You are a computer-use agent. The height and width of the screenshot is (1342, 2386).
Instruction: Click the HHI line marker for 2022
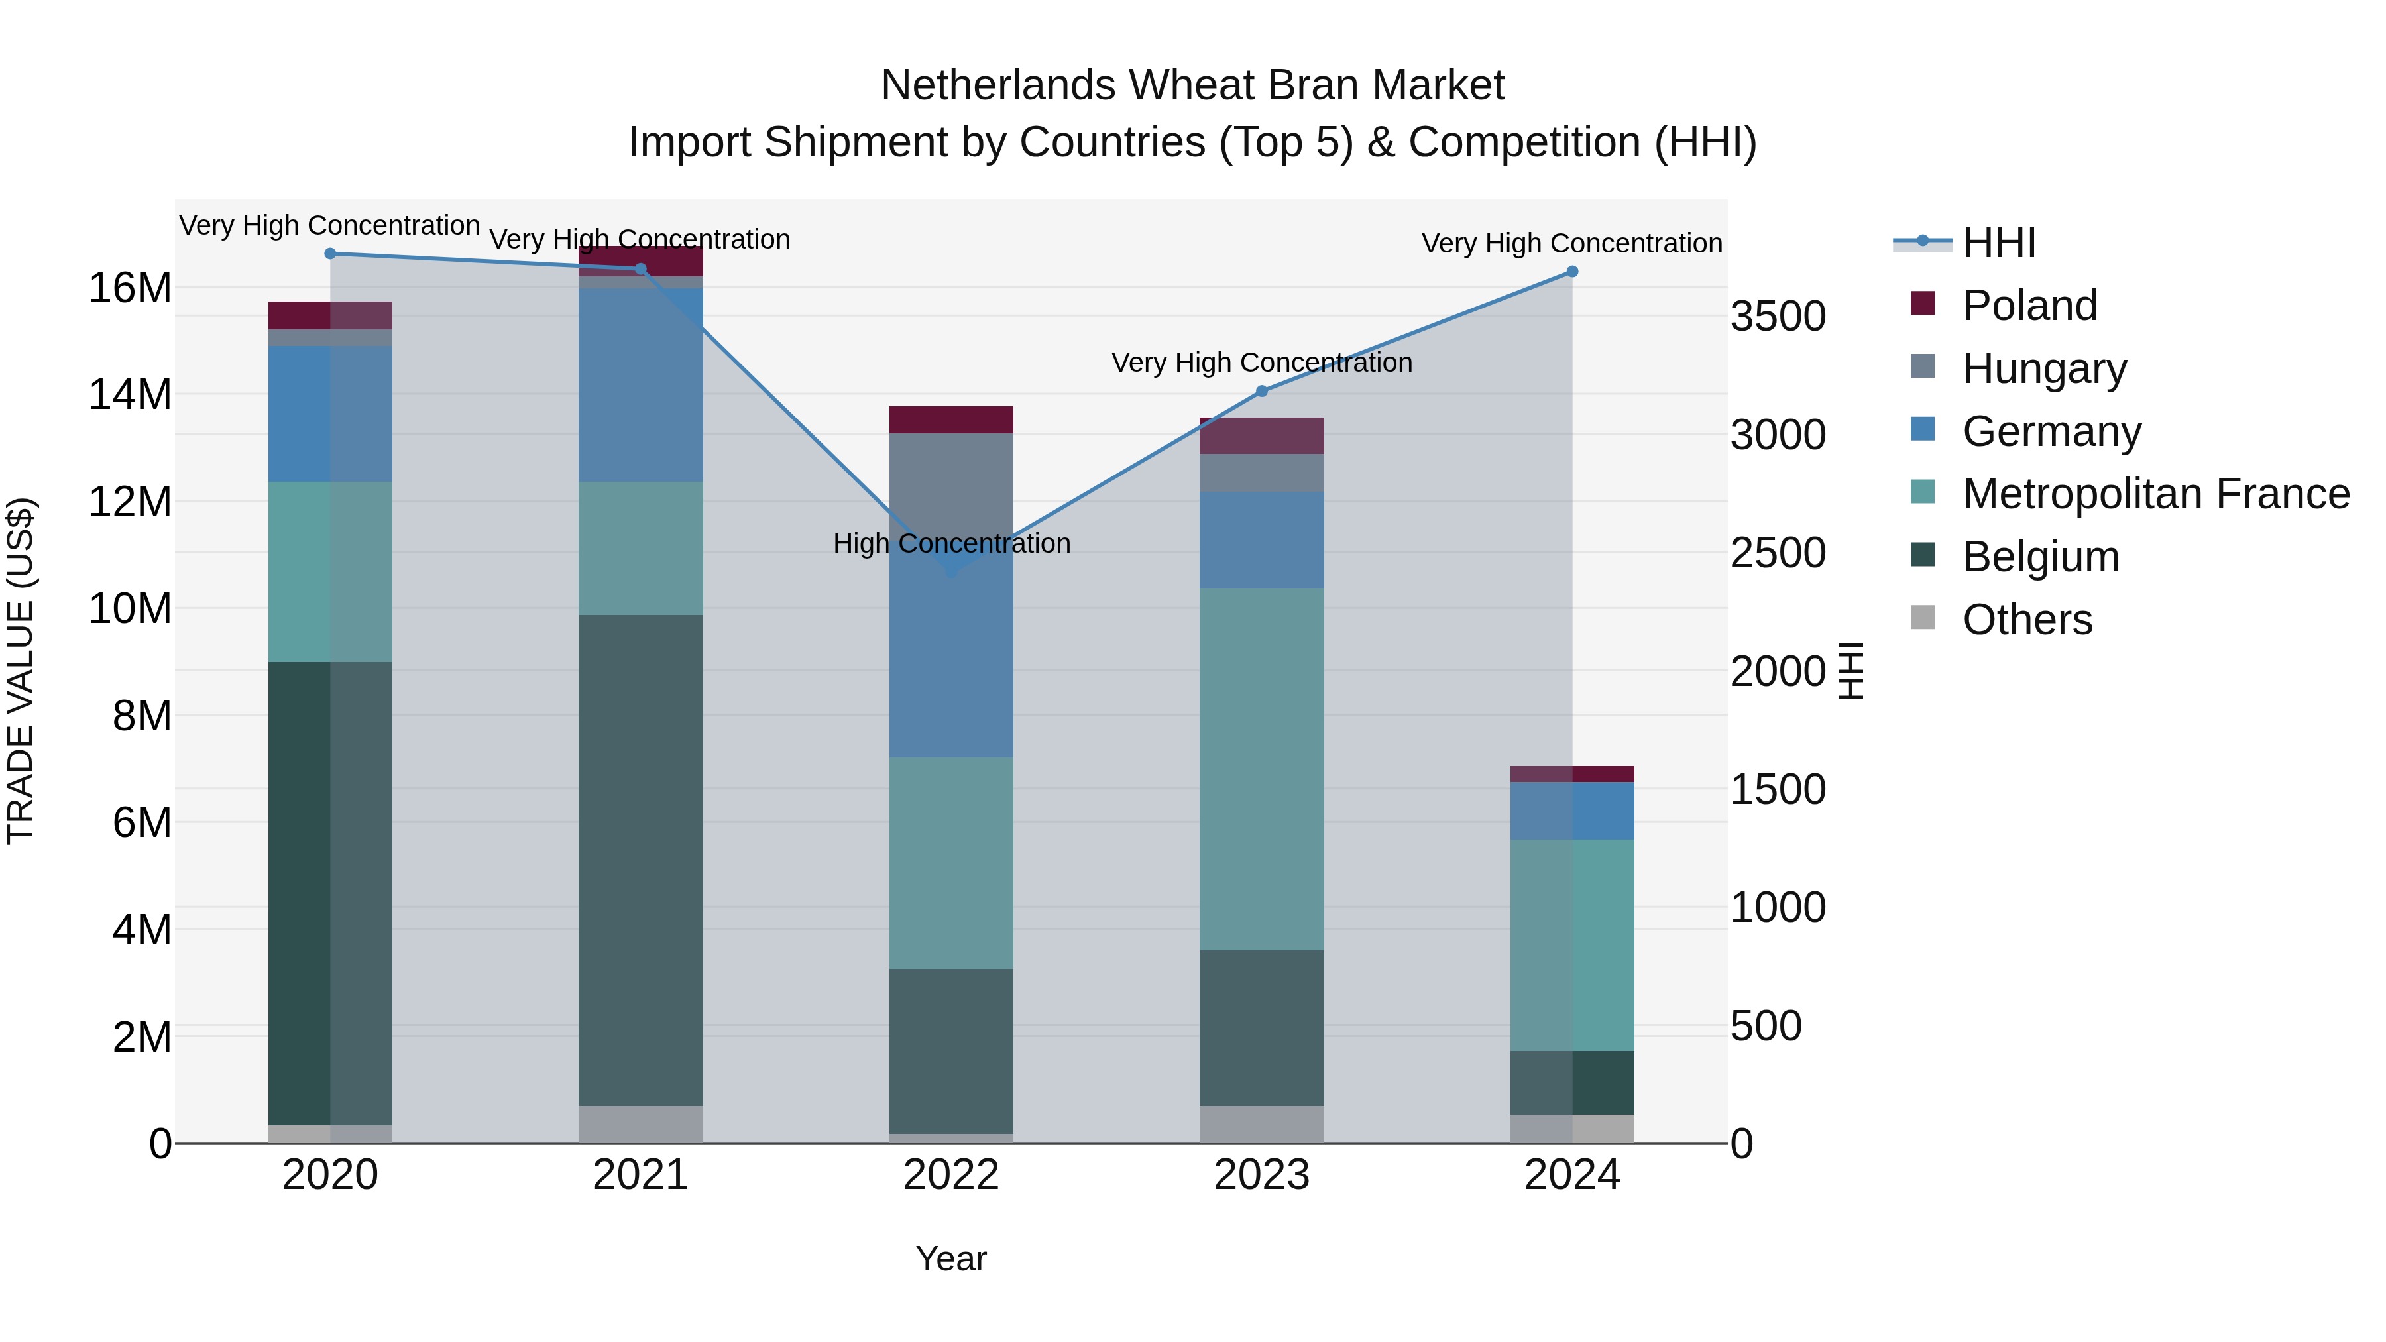[951, 571]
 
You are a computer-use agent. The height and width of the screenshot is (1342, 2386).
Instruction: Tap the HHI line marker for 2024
[1572, 271]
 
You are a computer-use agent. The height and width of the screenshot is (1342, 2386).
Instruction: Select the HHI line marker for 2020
[331, 253]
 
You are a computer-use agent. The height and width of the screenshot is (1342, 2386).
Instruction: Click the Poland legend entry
[2029, 306]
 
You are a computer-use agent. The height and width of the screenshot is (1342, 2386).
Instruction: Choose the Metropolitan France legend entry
[2155, 494]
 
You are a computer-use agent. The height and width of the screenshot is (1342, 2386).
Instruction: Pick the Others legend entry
[2027, 620]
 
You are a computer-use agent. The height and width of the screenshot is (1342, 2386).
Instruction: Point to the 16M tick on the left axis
[130, 288]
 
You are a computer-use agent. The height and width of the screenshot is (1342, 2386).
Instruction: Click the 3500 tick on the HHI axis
[1778, 317]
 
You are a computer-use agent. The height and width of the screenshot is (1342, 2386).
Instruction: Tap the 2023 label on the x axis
[1261, 1175]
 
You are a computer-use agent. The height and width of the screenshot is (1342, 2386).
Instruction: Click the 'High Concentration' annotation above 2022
[951, 543]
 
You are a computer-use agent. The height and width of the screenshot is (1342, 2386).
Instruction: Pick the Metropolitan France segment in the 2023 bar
[1261, 769]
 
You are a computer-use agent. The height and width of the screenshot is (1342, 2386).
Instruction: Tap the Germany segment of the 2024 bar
[1572, 811]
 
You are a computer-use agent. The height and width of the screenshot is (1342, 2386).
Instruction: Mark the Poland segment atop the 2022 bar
[951, 419]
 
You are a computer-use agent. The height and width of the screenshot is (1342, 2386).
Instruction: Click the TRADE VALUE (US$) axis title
[21, 671]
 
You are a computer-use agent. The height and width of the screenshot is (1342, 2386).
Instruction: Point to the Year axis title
[951, 1258]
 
